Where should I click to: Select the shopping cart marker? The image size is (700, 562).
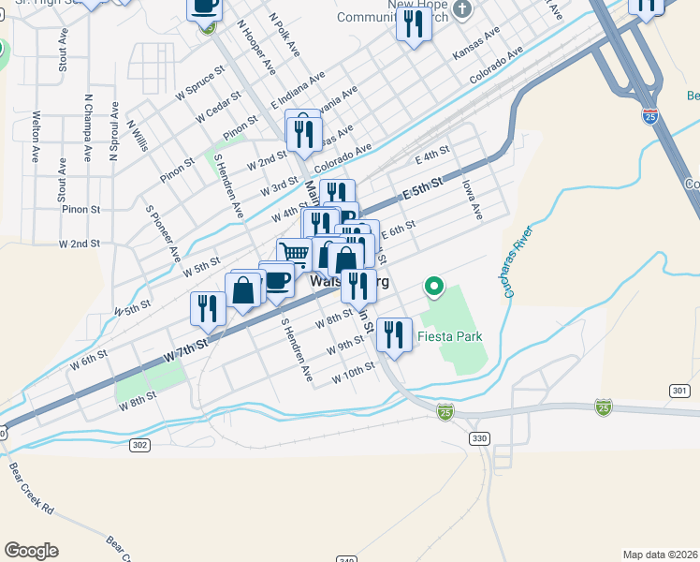point(294,253)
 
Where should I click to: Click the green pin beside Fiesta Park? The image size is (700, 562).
point(433,285)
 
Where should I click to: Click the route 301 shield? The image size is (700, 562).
point(680,390)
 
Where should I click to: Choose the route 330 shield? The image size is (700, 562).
point(480,438)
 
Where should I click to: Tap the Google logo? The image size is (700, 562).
point(31,551)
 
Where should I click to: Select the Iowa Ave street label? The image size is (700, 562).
point(471,200)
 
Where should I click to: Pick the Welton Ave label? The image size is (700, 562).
point(36,138)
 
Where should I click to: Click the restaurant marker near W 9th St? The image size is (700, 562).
point(394,334)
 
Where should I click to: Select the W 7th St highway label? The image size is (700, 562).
point(183,353)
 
